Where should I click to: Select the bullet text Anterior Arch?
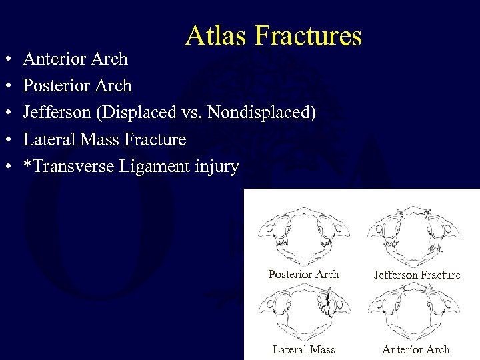[x=75, y=59]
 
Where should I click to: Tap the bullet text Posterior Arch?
[x=77, y=86]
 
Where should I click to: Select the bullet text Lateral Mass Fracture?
[x=105, y=140]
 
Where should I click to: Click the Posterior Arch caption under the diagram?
[x=303, y=275]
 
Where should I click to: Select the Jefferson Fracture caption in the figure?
[x=417, y=275]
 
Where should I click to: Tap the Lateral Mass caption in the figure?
[x=303, y=349]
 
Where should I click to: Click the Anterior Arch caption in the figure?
[x=416, y=349]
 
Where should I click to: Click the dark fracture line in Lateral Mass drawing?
[x=327, y=303]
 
